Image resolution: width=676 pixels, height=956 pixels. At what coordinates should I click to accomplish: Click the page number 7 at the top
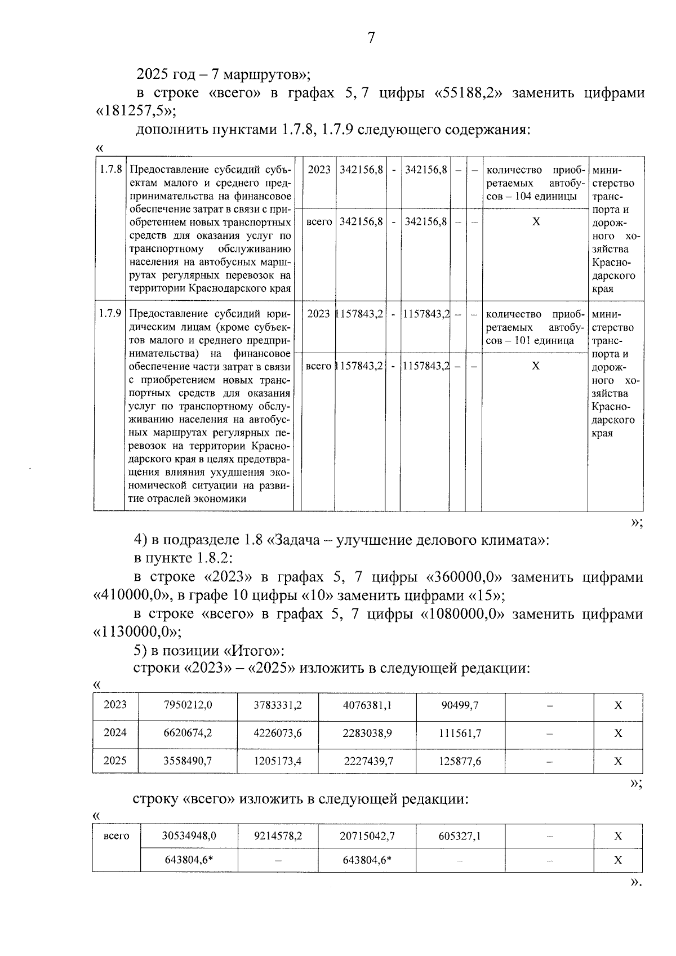(371, 38)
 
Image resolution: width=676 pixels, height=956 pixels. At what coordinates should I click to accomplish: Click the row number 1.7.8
(110, 169)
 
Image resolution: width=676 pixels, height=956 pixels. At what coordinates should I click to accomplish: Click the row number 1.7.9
(110, 313)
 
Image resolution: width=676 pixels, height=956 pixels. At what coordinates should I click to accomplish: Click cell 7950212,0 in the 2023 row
(188, 705)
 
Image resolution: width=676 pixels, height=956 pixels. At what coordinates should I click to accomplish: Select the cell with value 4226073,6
(278, 733)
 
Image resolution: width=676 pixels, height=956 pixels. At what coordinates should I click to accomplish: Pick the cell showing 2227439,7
(368, 761)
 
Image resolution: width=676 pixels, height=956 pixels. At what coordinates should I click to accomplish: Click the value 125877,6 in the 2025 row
(461, 761)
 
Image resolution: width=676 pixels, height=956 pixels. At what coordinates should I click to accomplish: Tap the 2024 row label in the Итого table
(115, 733)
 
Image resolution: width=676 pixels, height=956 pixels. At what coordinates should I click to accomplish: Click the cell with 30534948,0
(189, 836)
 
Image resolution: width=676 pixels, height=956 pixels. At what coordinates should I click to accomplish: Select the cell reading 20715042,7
(367, 836)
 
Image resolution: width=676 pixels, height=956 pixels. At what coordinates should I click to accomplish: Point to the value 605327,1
(460, 836)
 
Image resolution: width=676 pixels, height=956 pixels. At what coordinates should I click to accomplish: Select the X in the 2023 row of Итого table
(618, 705)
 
